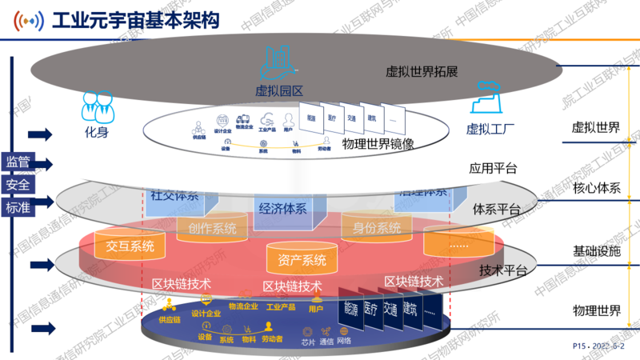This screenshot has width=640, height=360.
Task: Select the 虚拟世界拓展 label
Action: pos(422,71)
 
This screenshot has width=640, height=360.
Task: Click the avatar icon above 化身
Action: pos(96,104)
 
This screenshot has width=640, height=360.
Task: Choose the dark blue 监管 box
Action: pos(18,162)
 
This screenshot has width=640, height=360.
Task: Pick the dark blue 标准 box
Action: pos(18,208)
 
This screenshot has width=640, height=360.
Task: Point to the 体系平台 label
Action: pos(497,210)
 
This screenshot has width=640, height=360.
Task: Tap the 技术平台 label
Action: pos(502,270)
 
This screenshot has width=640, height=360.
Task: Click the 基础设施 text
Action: pos(596,250)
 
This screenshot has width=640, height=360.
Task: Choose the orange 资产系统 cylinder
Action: pos(302,259)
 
